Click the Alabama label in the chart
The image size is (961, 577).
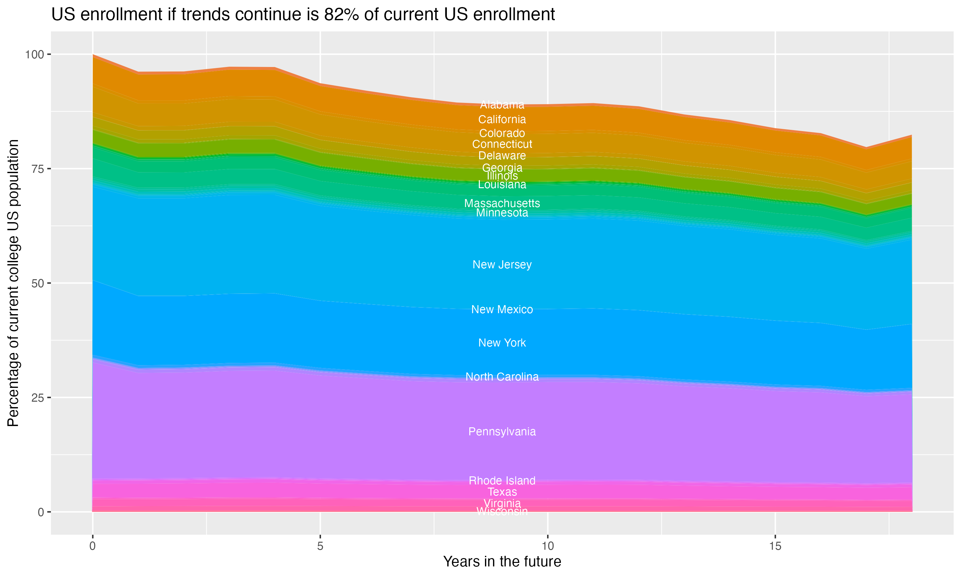[502, 105]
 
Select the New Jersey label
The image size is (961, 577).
[502, 264]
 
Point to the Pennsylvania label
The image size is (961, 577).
[502, 431]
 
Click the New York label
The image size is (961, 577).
[502, 343]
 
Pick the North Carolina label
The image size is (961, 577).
[502, 377]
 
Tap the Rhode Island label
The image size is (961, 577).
[502, 481]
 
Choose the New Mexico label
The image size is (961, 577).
[502, 309]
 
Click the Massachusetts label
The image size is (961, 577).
[502, 203]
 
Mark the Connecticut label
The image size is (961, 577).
[502, 144]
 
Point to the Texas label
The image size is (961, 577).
[502, 492]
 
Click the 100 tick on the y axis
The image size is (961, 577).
[34, 54]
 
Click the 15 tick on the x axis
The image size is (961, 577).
[775, 546]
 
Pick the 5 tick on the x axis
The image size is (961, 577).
[320, 546]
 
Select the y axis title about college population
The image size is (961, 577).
[13, 283]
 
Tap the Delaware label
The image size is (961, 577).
[502, 155]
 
